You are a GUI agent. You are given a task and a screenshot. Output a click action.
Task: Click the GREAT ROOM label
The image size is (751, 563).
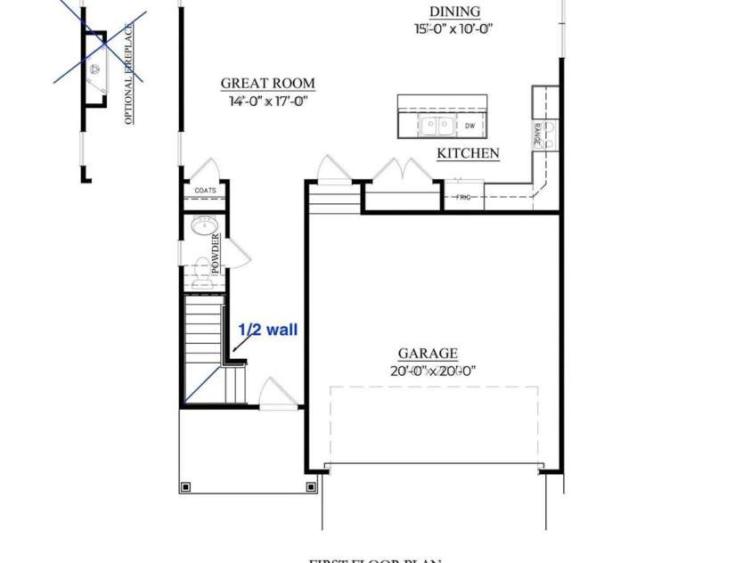[x=267, y=84]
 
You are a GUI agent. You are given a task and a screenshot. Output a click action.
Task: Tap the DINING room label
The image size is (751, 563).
[x=454, y=12]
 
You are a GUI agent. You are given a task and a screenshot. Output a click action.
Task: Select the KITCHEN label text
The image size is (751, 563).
[x=468, y=153]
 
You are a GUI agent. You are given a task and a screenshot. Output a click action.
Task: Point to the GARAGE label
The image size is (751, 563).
[x=428, y=354]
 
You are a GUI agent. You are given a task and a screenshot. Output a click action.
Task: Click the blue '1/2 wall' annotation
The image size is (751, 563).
[x=267, y=330]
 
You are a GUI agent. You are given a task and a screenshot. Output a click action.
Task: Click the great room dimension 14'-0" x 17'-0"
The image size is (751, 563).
[x=267, y=101]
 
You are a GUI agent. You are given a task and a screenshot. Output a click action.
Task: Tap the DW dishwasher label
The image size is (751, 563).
[x=469, y=126]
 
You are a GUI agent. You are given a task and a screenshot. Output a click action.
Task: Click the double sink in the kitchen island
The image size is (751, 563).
[x=436, y=126]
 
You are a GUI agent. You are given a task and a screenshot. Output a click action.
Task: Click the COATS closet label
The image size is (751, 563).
[x=205, y=191]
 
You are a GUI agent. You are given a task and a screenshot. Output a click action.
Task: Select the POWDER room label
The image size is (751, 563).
[x=215, y=250]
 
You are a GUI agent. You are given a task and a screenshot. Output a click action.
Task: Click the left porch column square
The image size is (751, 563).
[x=185, y=486]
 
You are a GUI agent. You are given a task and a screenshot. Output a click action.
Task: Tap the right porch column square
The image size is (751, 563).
[x=311, y=486]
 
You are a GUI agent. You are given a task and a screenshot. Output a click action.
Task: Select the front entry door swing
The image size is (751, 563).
[x=276, y=392]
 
